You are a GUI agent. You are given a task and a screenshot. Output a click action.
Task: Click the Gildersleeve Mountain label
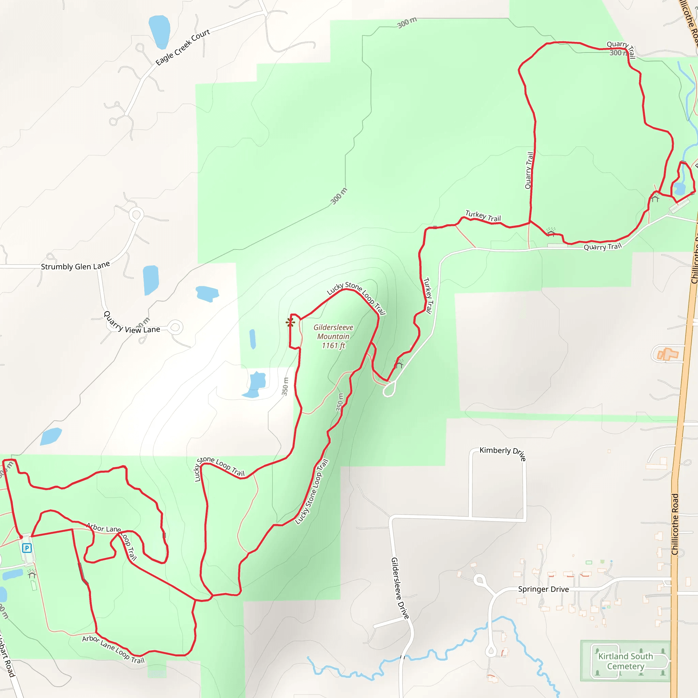[x=333, y=336]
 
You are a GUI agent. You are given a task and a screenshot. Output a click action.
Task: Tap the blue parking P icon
[x=27, y=548]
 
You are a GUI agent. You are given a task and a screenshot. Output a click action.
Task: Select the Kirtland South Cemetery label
[x=625, y=661]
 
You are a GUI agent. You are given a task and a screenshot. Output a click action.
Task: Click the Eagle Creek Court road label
[x=183, y=47]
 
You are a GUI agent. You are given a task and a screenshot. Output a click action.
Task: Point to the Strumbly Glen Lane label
[x=75, y=266]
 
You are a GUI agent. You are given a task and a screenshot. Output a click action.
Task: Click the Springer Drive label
[x=543, y=589]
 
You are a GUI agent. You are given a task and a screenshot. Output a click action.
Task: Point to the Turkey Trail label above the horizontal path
[x=483, y=216]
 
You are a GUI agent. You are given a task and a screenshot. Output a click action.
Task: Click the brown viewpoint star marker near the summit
[x=290, y=322]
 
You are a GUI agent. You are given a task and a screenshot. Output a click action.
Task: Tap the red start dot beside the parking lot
[x=21, y=537]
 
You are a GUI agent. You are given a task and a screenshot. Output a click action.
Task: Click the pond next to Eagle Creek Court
[x=159, y=32]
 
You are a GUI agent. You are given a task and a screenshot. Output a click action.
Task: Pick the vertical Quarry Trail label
[x=529, y=170]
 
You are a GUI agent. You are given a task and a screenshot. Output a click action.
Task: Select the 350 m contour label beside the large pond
[x=285, y=386]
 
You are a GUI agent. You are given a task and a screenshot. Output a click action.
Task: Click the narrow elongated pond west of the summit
[x=253, y=339]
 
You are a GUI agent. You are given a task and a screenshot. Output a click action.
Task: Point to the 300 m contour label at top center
[x=407, y=22]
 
